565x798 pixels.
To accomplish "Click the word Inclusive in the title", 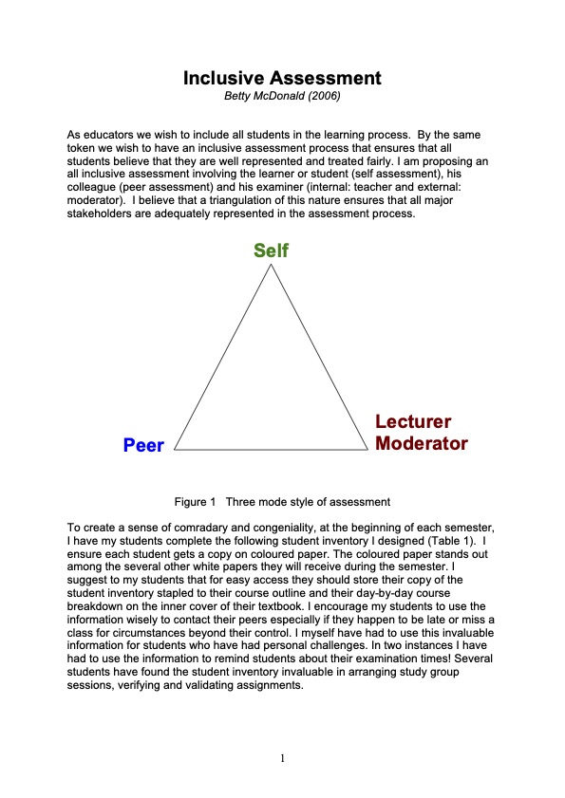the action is tap(225, 78).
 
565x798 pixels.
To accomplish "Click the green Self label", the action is tap(271, 251).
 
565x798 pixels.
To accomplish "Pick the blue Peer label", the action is tap(143, 445).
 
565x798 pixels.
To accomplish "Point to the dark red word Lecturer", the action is tap(413, 422).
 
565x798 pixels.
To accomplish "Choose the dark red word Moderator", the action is tap(422, 443).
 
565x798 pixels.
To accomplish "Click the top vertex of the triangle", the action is tap(271, 264).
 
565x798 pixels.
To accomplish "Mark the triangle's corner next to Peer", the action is tap(175, 449).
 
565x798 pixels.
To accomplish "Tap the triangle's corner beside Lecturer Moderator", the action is tap(367, 449).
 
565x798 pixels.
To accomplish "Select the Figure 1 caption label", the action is tap(196, 501).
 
